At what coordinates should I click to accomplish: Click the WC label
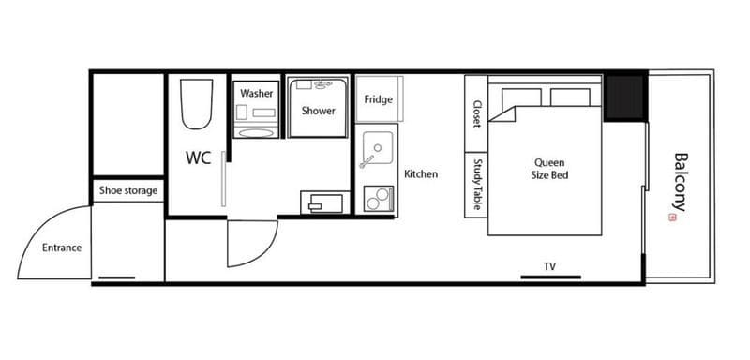tap(199, 157)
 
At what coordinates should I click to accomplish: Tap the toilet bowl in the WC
tap(196, 104)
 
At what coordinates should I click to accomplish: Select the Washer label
tap(256, 93)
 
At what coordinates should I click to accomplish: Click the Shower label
tap(318, 111)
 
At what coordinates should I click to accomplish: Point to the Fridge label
tap(379, 99)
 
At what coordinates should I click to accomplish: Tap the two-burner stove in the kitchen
tap(379, 199)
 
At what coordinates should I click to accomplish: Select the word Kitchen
tap(421, 174)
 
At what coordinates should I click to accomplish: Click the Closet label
tap(476, 113)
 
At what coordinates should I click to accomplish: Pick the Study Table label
tap(476, 184)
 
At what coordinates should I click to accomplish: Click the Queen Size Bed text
tap(549, 169)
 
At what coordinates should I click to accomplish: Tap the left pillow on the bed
tap(521, 97)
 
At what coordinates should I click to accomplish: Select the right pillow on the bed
tap(570, 97)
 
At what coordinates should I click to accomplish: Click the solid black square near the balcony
tap(625, 97)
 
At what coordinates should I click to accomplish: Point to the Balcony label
tap(680, 182)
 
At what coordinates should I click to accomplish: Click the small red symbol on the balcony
tap(672, 217)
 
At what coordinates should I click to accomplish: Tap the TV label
tap(549, 266)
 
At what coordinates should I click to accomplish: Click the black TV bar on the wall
tap(550, 277)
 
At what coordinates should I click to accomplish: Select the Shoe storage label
tap(128, 190)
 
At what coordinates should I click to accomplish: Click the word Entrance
tap(62, 247)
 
